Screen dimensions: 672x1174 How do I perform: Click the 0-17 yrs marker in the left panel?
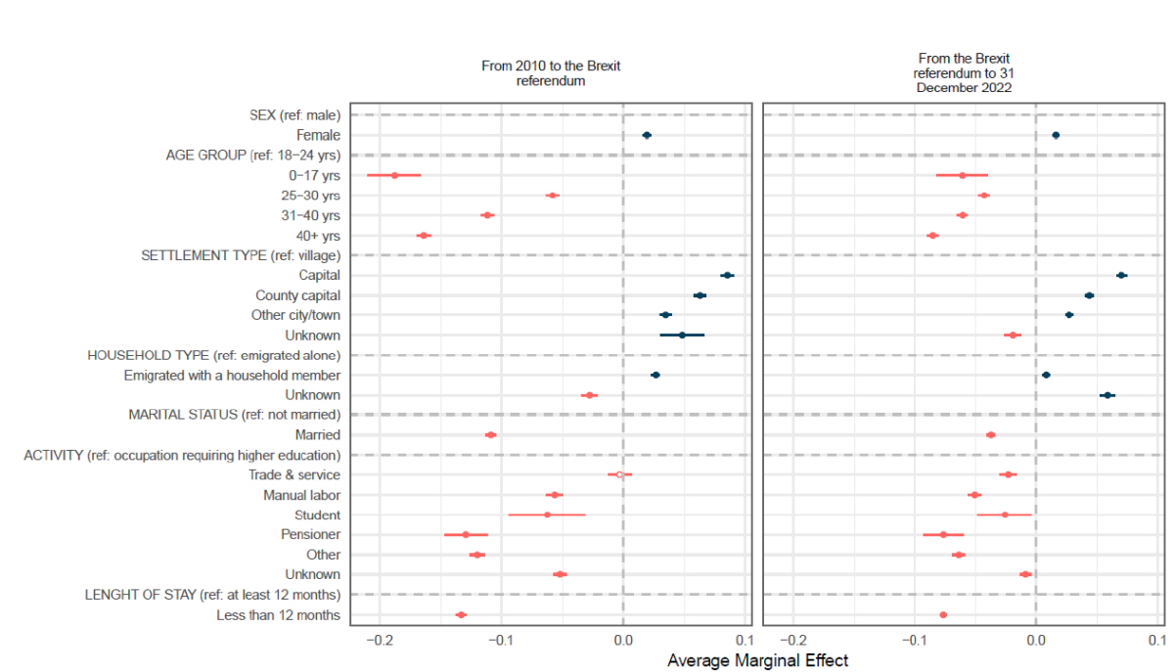(x=394, y=175)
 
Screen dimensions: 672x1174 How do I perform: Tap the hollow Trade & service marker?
(x=619, y=474)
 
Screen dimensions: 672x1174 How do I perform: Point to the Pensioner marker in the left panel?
(x=466, y=534)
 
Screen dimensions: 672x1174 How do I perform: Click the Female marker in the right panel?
(x=1056, y=135)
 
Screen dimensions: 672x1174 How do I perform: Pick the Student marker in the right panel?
(x=1005, y=515)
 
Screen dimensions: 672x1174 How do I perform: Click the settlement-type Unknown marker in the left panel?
(x=682, y=335)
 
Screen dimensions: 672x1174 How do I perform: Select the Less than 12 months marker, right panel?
(x=943, y=614)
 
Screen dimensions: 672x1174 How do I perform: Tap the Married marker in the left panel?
(x=491, y=434)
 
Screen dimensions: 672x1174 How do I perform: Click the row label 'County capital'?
(x=297, y=295)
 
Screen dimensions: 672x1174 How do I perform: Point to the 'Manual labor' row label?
(x=301, y=495)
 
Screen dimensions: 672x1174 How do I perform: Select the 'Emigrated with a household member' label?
(x=232, y=376)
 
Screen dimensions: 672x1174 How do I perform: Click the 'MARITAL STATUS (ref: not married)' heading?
(x=235, y=415)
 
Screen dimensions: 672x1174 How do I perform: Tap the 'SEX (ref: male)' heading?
(x=294, y=115)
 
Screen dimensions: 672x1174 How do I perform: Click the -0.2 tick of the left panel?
(x=379, y=642)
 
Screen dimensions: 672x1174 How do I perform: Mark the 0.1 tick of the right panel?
(x=1155, y=642)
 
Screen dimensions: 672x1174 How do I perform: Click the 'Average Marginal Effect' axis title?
(x=757, y=660)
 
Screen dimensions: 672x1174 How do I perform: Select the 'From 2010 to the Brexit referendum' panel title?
(x=551, y=73)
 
